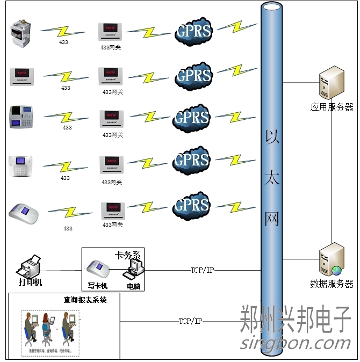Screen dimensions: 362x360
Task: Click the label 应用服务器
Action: tap(332, 107)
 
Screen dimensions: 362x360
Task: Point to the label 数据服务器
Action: tap(332, 284)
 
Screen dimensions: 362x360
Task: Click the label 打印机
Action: tap(31, 283)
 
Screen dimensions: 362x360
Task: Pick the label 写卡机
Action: tap(98, 286)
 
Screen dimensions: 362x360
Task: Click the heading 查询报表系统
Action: tap(85, 300)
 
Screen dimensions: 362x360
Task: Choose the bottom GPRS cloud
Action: tap(192, 205)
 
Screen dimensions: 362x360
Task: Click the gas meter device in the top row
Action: tap(21, 33)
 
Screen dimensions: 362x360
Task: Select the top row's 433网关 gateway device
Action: tap(112, 32)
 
